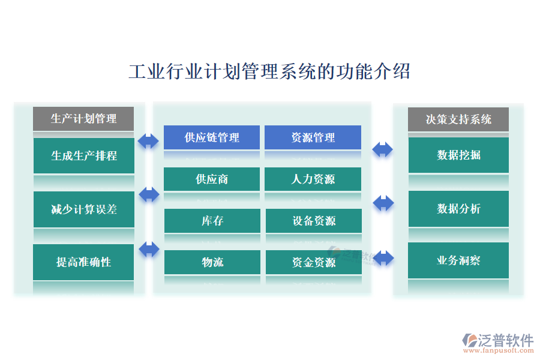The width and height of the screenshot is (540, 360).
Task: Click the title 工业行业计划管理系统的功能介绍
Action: click(269, 71)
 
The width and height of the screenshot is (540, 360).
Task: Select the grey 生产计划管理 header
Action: click(83, 118)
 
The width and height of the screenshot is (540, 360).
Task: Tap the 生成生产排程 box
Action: click(83, 156)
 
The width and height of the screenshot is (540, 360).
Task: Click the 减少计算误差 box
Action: click(83, 209)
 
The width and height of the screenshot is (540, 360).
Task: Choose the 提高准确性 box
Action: click(83, 262)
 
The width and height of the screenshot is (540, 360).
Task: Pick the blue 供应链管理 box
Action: click(212, 137)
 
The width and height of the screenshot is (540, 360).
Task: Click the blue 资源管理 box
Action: click(313, 137)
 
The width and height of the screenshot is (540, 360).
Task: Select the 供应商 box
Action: click(212, 179)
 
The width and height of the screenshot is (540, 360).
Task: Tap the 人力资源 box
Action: click(313, 179)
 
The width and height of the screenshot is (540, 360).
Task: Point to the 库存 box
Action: click(212, 221)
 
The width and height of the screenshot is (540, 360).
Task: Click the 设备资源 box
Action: click(313, 221)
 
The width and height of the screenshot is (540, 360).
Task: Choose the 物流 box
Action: click(212, 262)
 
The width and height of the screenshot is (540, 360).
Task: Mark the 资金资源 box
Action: click(313, 262)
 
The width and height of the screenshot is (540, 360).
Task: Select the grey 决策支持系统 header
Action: click(458, 119)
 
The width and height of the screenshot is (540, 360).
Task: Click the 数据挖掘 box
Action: click(458, 155)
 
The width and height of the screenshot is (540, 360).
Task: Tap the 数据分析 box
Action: click(458, 209)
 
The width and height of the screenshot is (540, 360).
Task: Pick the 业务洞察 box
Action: click(458, 260)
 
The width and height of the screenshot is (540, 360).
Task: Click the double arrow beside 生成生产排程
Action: click(148, 142)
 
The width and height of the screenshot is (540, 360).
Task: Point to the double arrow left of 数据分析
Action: click(383, 203)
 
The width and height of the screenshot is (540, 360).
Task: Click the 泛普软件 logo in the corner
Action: click(497, 343)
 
